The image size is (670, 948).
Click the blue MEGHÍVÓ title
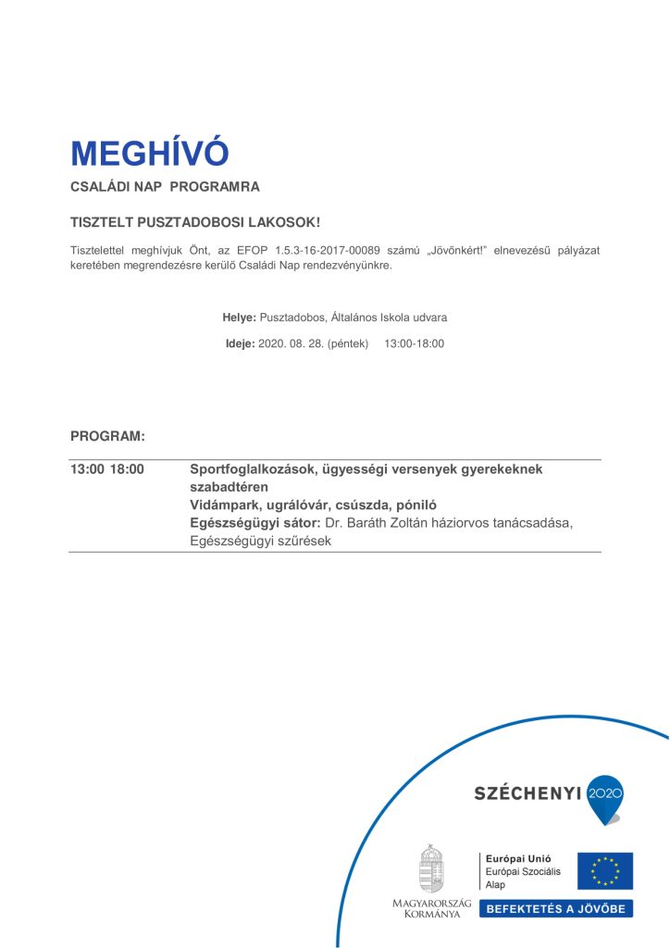(149, 153)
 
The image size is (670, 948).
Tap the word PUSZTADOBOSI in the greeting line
(182, 223)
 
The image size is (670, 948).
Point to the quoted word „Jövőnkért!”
(435, 251)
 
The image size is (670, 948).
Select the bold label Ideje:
(241, 343)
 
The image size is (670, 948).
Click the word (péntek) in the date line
(348, 343)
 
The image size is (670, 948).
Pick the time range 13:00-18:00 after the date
(414, 343)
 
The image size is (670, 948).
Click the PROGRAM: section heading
(107, 435)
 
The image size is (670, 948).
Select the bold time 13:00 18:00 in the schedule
(107, 469)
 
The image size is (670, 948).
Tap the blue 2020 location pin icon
(606, 796)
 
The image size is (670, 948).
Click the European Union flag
(605, 871)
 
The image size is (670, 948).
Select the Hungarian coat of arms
(431, 869)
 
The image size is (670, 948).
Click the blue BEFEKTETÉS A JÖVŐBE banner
(555, 908)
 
